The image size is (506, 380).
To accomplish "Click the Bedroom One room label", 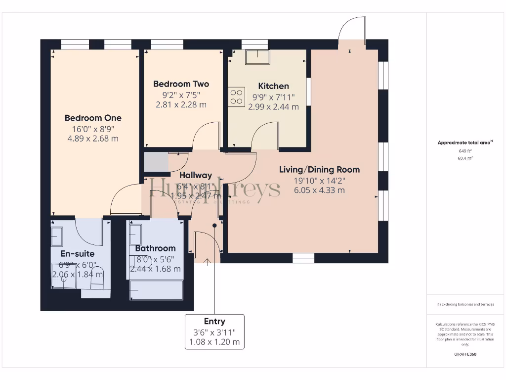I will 93,118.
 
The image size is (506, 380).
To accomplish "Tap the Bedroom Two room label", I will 181,84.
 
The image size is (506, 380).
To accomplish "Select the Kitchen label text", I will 273,86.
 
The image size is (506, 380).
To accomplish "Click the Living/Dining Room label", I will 319,169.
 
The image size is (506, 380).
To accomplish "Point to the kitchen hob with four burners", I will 237,96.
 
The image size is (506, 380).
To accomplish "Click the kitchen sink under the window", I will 257,57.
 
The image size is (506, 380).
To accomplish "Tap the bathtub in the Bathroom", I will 156,290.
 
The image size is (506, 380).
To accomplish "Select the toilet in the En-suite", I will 97,280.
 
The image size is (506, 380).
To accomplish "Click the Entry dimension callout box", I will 214,332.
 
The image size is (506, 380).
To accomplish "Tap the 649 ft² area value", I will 465,151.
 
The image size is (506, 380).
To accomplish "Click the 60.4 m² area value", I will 465,158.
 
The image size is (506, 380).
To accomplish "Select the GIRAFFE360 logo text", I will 465,354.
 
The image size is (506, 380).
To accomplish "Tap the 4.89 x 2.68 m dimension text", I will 93,139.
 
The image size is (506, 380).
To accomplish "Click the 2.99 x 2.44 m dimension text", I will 273,106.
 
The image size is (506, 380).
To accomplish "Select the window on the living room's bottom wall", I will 303,258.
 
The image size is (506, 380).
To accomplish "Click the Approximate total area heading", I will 464,142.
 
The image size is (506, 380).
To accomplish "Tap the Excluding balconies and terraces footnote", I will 465,304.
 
